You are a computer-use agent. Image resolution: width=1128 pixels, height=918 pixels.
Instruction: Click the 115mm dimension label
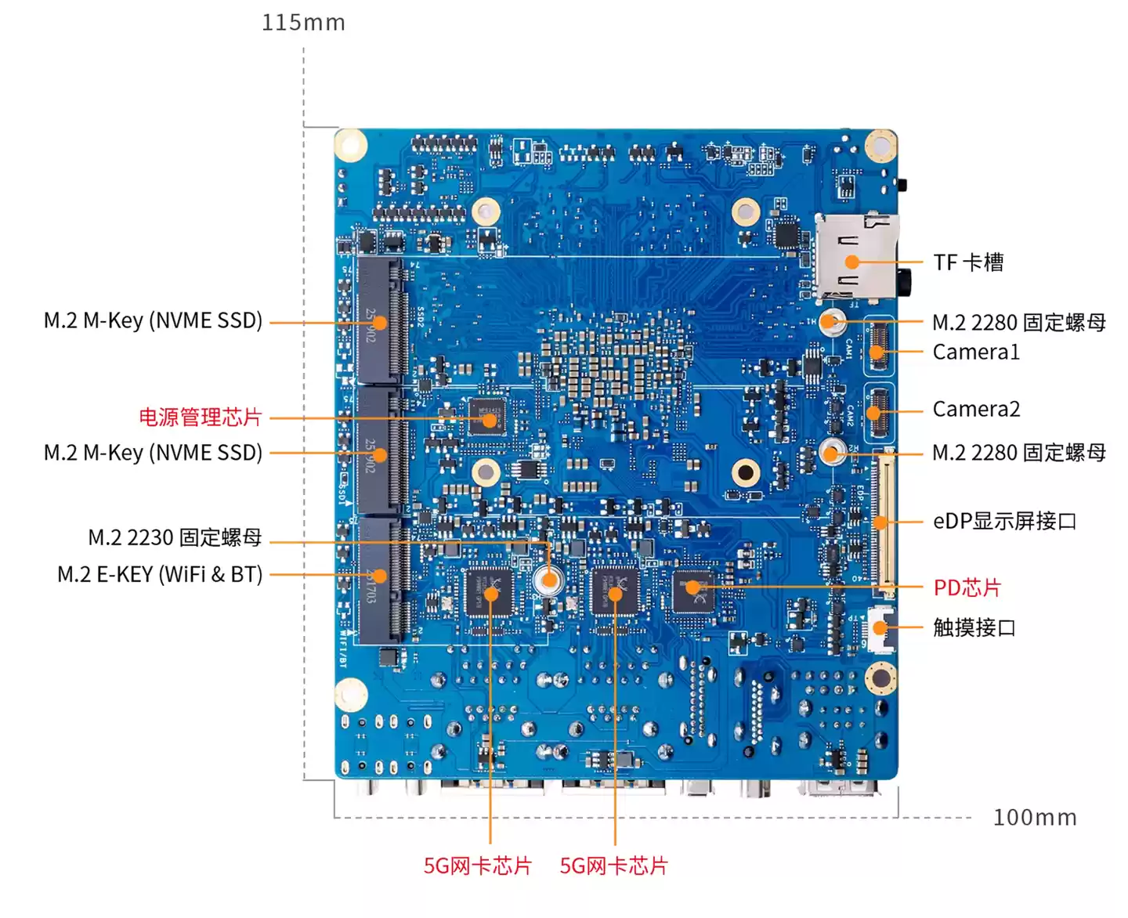[x=303, y=22]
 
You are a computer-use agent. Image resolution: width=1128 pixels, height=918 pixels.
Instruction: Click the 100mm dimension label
[x=1035, y=817]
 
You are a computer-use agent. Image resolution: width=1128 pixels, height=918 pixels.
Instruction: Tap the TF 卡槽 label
[x=968, y=262]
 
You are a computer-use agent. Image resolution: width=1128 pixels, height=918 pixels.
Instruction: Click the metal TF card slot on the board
[x=855, y=256]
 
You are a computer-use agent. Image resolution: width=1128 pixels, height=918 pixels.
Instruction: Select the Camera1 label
[x=976, y=352]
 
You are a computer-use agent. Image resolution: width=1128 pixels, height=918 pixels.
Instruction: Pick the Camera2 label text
[x=976, y=409]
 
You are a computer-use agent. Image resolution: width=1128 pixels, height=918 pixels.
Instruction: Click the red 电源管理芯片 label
[x=200, y=417]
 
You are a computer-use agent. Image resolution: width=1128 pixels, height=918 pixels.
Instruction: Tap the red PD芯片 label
[x=967, y=587]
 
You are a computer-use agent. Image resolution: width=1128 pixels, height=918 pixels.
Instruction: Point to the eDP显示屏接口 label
[x=1004, y=521]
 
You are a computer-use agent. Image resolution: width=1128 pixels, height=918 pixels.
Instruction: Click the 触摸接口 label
[x=974, y=627]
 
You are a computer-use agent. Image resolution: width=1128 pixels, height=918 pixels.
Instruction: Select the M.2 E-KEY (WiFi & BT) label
[x=160, y=574]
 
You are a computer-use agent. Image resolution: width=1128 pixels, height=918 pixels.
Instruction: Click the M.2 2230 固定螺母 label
[x=175, y=537]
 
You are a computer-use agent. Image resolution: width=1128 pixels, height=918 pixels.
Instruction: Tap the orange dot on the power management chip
[x=490, y=420]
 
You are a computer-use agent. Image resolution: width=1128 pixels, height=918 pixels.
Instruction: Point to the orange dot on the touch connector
[x=880, y=627]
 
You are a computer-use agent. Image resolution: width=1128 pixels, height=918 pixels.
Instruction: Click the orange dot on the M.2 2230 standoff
[x=549, y=580]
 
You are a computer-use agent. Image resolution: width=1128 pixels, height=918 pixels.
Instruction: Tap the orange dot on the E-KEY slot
[x=380, y=575]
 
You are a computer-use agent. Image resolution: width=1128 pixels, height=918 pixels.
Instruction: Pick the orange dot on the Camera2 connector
[x=874, y=411]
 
